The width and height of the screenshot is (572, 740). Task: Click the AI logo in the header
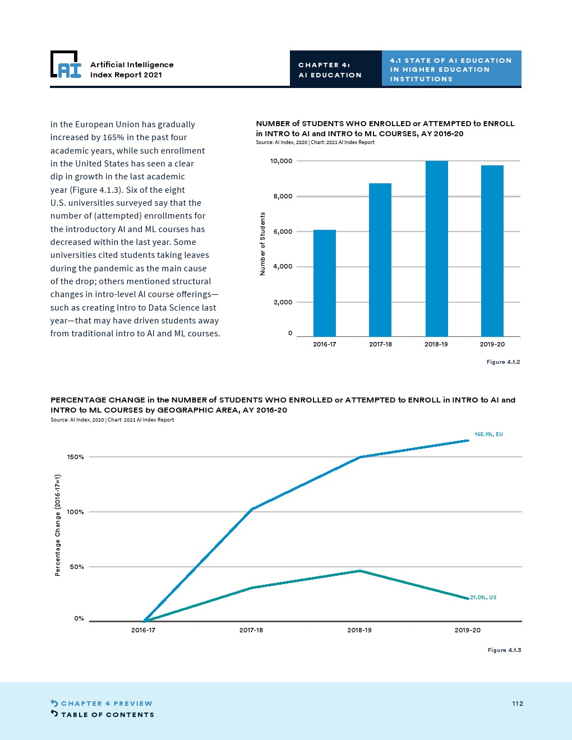[x=66, y=65]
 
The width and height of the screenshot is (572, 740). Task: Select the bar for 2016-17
[x=324, y=283]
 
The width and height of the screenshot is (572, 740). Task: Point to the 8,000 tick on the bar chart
[x=282, y=196]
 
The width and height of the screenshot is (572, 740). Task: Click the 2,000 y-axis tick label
[x=283, y=302]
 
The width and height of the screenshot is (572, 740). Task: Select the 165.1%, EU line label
[x=488, y=434]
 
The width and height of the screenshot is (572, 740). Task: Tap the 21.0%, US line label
[x=483, y=598]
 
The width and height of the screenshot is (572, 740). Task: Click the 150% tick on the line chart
[x=76, y=457]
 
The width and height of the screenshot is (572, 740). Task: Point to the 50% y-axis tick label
[x=77, y=567]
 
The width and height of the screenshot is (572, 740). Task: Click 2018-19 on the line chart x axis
[x=359, y=630]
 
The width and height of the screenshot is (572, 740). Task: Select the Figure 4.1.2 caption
[x=503, y=362]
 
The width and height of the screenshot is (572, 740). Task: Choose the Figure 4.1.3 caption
[x=504, y=650]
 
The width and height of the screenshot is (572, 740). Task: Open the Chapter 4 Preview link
[x=107, y=704]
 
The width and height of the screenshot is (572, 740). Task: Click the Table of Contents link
[x=107, y=715]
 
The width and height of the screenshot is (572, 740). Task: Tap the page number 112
[x=517, y=704]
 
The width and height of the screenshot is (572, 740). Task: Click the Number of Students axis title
[x=262, y=244]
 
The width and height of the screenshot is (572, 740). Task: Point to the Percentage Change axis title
[x=58, y=525]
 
